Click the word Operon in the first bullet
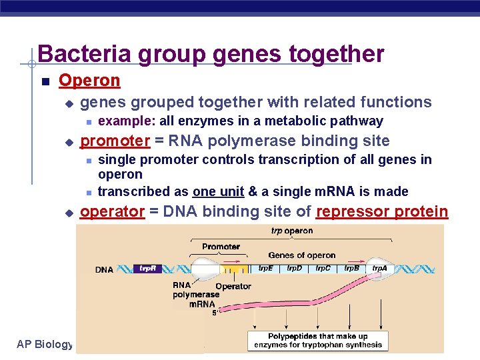89,81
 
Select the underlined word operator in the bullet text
112,211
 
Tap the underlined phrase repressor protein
382,211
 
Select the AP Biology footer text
45,344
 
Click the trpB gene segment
352,268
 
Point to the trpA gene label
379,268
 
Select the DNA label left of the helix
105,269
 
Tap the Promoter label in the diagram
221,247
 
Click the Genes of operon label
301,255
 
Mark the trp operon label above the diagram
291,231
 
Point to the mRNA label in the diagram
201,303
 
